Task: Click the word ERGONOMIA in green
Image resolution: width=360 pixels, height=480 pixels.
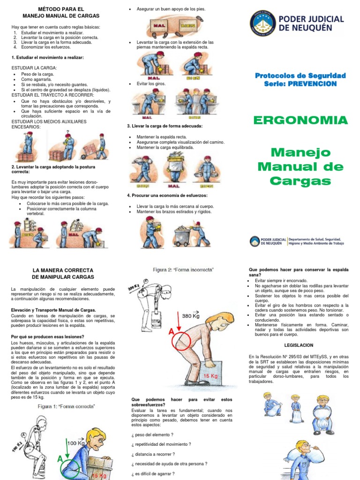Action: (300, 120)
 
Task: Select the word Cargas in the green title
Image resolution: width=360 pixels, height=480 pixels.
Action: (300, 181)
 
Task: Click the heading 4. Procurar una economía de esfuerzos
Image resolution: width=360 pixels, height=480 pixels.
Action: (167, 195)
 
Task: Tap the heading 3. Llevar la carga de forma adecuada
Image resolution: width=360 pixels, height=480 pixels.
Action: (165, 126)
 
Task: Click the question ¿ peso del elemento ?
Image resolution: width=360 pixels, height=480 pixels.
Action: (153, 435)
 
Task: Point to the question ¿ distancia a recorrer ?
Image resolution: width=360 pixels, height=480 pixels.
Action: (153, 454)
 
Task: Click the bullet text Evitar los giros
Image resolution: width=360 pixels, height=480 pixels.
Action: (149, 83)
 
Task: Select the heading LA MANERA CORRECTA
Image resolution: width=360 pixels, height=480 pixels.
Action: (63, 270)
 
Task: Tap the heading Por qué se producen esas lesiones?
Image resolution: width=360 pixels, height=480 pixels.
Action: (47, 337)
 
